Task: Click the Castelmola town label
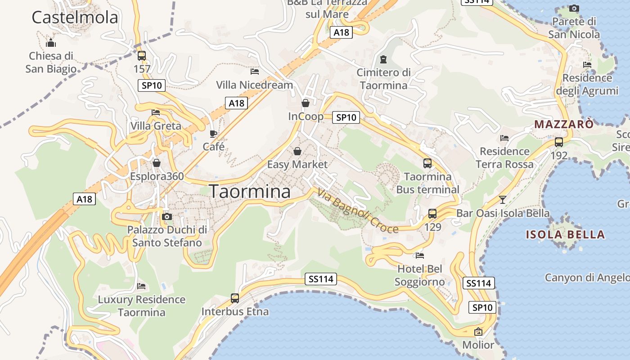[x=75, y=18]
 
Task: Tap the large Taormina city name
[x=250, y=192]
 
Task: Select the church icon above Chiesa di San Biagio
[x=51, y=43]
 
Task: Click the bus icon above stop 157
[x=142, y=56]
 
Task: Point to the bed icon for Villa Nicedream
[x=255, y=72]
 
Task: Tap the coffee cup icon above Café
[x=213, y=134]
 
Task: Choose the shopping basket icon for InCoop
[x=306, y=103]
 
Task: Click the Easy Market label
[x=297, y=164]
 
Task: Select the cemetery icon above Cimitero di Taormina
[x=383, y=59]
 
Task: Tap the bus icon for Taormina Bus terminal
[x=427, y=163]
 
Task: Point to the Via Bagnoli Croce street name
[x=358, y=211]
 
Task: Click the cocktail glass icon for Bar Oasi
[x=503, y=199]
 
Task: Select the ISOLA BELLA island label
[x=565, y=234]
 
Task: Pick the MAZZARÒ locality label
[x=564, y=124]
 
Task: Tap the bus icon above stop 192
[x=559, y=142]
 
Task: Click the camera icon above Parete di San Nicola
[x=574, y=8]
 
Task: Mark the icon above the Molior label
[x=478, y=332]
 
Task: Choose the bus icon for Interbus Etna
[x=235, y=298]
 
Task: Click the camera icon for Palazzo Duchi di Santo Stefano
[x=167, y=216]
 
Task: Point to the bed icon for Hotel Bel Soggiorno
[x=420, y=256]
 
